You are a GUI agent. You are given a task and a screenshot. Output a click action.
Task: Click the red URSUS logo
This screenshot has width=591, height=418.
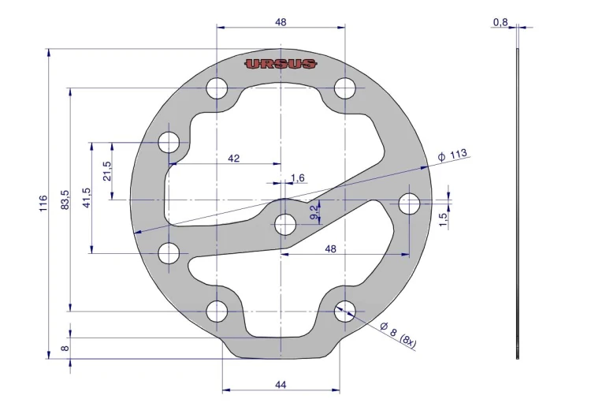click(x=281, y=64)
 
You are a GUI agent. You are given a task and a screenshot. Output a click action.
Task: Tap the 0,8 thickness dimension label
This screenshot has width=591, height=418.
click(x=500, y=23)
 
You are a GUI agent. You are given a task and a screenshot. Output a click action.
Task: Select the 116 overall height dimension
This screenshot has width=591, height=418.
click(x=43, y=203)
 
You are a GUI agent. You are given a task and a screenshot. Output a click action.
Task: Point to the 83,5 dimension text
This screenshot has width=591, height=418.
click(x=65, y=200)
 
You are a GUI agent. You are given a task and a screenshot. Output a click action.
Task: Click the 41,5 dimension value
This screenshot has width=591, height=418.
click(x=87, y=198)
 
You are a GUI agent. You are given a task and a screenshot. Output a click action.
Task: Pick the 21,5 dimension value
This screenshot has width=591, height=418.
click(x=107, y=171)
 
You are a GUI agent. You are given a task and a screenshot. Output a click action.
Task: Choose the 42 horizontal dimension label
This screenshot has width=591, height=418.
click(x=234, y=158)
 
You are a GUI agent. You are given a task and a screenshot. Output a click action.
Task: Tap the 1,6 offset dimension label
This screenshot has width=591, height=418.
click(x=298, y=177)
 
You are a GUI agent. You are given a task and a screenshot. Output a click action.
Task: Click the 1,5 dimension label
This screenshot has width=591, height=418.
click(x=443, y=220)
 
